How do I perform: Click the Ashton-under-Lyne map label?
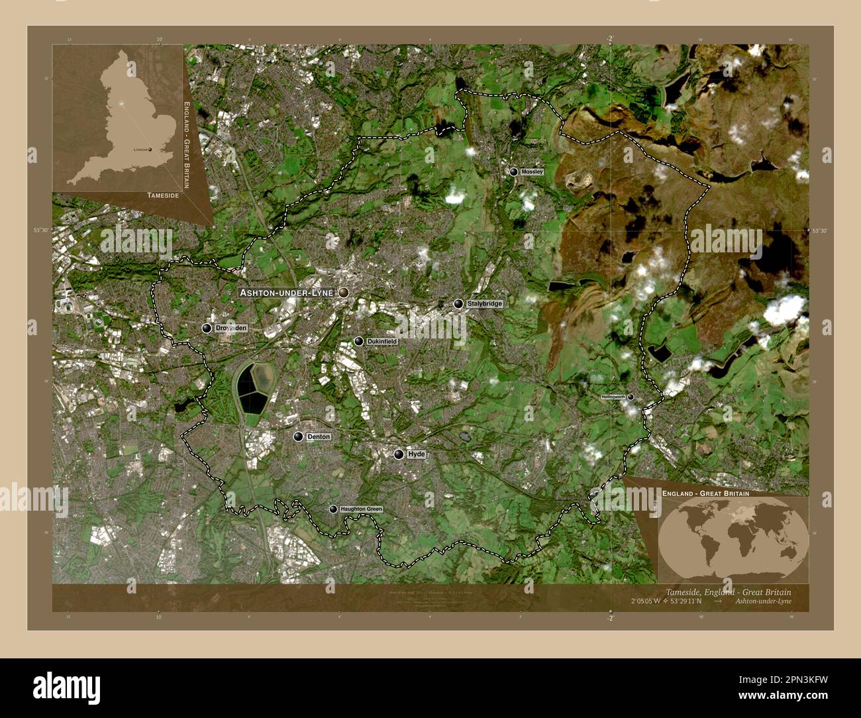pos(287,292)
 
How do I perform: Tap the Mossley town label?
pos(532,172)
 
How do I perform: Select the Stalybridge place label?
pos(484,304)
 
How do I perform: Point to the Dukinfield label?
pos(382,342)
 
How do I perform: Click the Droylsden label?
pos(231,328)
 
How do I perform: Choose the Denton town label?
pos(318,437)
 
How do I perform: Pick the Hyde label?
pos(416,454)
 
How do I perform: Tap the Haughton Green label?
pos(361,509)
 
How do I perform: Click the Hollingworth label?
pos(613,397)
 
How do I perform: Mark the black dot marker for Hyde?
pos(399,454)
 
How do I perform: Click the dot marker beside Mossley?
pos(513,172)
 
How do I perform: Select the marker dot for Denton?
pos(299,437)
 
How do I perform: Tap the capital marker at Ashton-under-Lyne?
pos(344,292)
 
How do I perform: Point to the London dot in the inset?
pos(151,150)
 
